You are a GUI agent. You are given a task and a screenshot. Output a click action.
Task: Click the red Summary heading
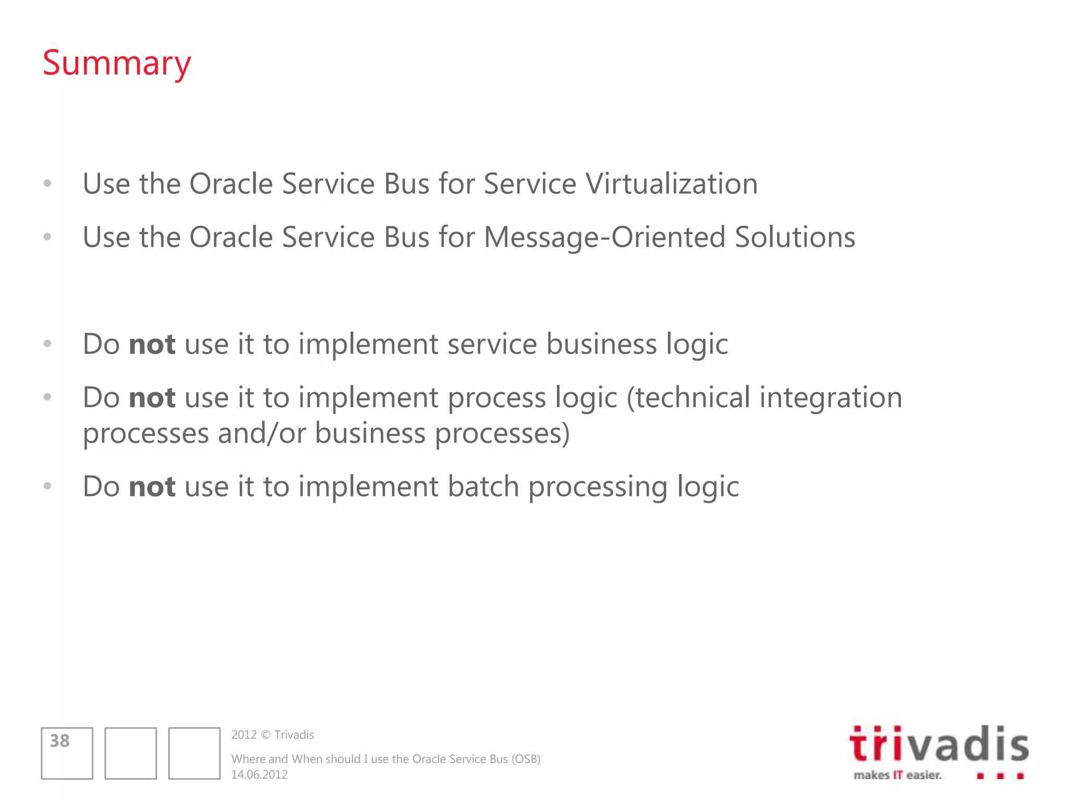coord(117,64)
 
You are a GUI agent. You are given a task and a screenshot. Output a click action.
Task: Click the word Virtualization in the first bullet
coord(671,184)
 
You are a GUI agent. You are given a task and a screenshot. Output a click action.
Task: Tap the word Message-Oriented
coord(605,237)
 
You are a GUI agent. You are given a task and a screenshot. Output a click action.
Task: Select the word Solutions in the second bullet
coord(795,237)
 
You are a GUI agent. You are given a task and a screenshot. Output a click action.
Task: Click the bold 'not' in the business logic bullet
coord(152,345)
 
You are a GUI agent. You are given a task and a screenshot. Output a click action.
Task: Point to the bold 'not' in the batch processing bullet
coord(152,487)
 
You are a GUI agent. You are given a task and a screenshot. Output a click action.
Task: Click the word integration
coord(831,398)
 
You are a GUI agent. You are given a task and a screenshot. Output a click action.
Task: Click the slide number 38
coord(59,741)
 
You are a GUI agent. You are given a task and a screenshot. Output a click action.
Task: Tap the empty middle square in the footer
coord(130,754)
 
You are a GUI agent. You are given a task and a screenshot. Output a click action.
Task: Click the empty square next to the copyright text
coord(194,754)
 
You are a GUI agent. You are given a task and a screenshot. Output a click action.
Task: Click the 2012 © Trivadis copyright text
coord(272,735)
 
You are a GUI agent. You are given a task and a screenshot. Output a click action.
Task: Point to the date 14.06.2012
coord(259,775)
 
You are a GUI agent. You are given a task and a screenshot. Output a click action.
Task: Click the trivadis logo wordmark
coord(939,745)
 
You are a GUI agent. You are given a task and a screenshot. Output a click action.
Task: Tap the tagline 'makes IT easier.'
coord(897,775)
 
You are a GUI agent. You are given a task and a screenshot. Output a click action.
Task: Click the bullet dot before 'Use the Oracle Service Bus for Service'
coord(47,183)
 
